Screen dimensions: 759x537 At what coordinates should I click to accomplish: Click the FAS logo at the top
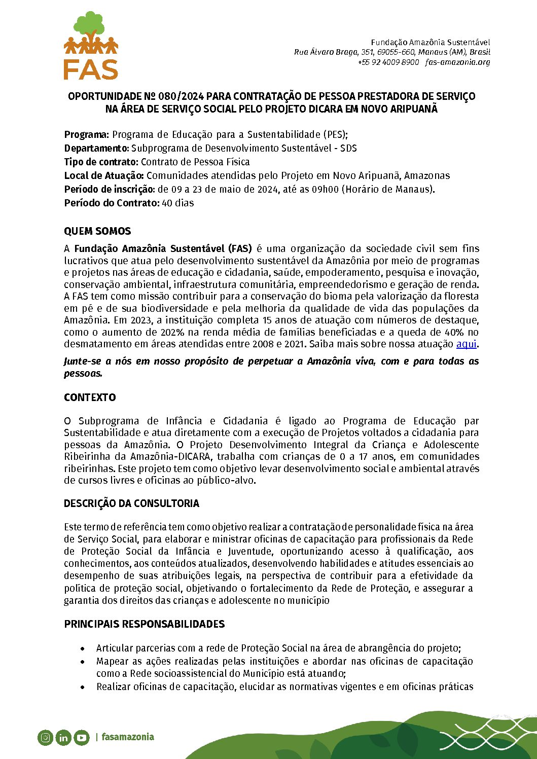click(x=91, y=46)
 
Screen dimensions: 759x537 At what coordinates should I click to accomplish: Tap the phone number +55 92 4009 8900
click(x=388, y=62)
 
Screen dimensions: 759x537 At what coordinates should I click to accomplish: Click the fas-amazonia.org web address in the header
click(x=458, y=62)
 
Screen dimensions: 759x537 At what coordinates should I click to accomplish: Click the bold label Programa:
click(x=86, y=135)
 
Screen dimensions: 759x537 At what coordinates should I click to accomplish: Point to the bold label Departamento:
click(x=96, y=149)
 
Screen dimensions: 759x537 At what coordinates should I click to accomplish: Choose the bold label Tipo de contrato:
click(x=101, y=162)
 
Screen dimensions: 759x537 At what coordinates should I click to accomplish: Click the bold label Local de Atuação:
click(x=104, y=176)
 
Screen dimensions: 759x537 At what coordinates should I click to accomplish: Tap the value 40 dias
click(x=177, y=203)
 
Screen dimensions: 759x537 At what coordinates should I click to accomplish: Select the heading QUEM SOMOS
click(x=97, y=231)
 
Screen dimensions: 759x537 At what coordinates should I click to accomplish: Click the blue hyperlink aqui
click(x=467, y=344)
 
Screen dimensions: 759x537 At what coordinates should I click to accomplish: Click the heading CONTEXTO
click(x=90, y=397)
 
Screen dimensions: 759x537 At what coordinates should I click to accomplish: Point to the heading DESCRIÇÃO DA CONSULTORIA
click(x=131, y=503)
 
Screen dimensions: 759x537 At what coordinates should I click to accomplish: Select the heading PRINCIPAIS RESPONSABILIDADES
click(x=144, y=624)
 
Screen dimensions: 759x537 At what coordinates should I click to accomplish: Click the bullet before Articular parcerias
click(x=83, y=648)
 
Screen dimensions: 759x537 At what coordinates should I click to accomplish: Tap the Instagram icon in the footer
click(x=46, y=737)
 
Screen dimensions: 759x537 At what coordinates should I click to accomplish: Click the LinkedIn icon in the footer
click(x=63, y=738)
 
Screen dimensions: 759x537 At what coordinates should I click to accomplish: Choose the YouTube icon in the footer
click(x=82, y=738)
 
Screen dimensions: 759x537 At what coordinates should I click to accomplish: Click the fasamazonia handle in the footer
click(x=127, y=737)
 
